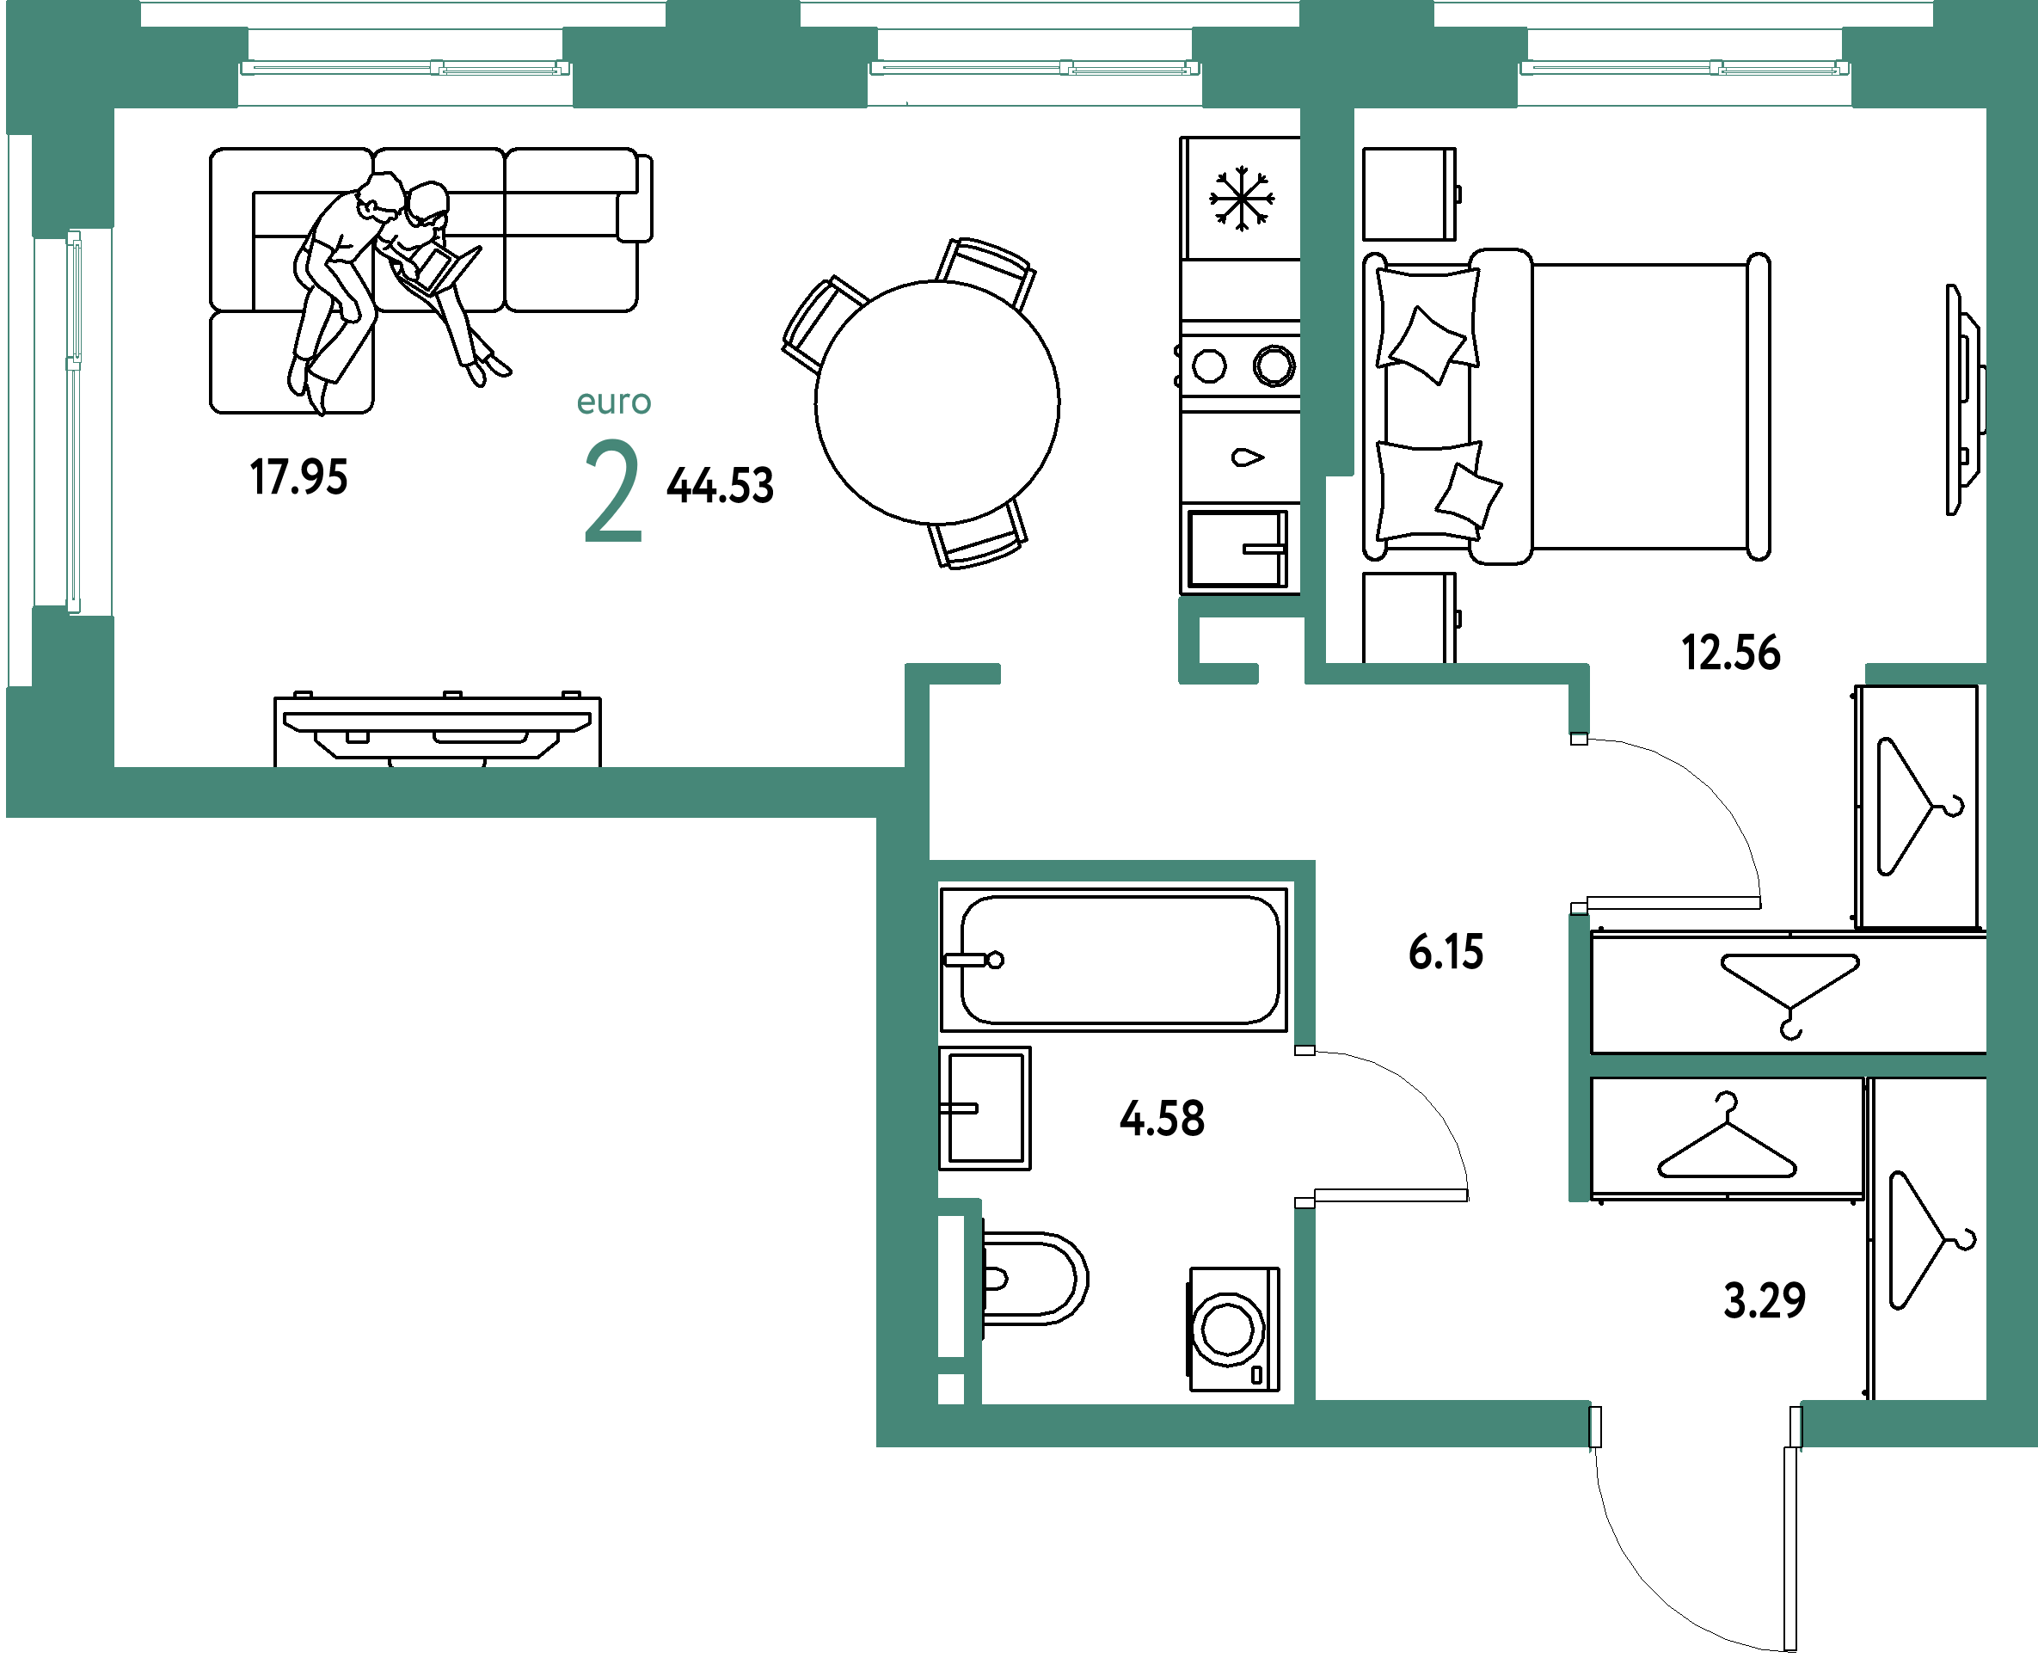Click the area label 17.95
pos(298,476)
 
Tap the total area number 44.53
pos(719,485)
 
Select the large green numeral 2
pos(612,492)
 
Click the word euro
pos(614,402)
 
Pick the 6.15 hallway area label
pos(1446,952)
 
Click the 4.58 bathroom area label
pos(1161,1117)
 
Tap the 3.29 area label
pos(1764,1300)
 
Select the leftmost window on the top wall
pos(405,68)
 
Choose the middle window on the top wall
pos(1034,68)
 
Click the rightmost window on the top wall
pos(1685,68)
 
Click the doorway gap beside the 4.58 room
pos(1304,1127)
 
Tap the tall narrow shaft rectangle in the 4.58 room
pos(950,1286)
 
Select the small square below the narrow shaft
pos(950,1389)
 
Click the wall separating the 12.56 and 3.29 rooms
pos(1786,1065)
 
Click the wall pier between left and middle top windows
pos(721,67)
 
